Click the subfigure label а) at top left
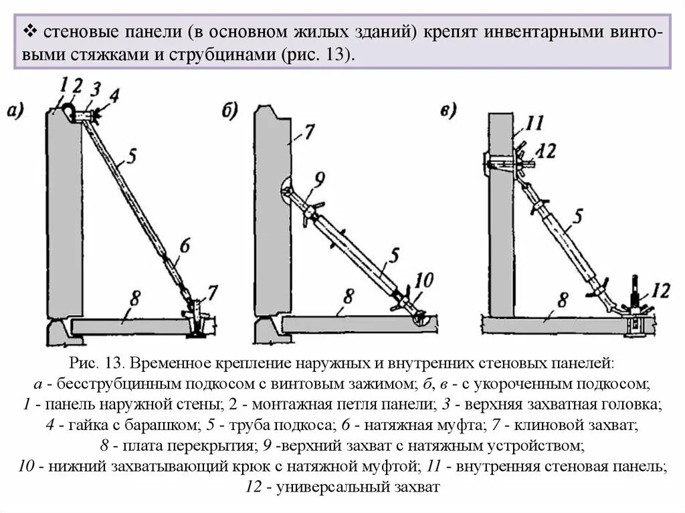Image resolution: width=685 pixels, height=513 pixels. pyautogui.click(x=15, y=110)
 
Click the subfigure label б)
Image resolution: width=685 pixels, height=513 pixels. pyautogui.click(x=230, y=111)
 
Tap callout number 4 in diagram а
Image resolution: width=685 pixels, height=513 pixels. pyautogui.click(x=114, y=96)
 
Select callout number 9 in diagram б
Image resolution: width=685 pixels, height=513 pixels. pyautogui.click(x=318, y=179)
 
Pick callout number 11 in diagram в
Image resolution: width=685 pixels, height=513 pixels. pyautogui.click(x=535, y=124)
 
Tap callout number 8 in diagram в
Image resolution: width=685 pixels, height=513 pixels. pyautogui.click(x=563, y=298)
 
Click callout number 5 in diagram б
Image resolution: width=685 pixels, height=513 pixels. pyautogui.click(x=395, y=254)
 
